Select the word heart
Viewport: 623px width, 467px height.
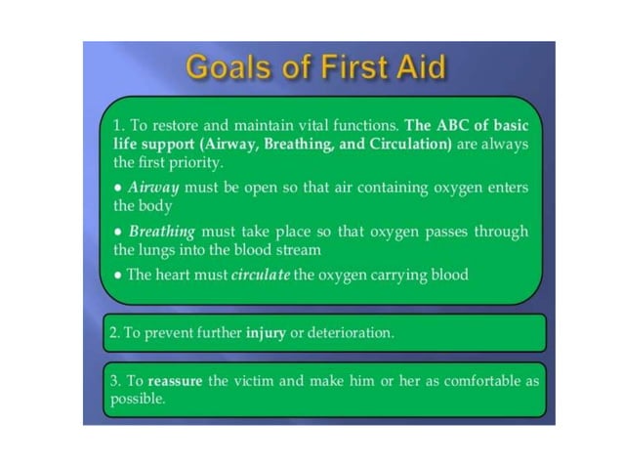tap(177, 275)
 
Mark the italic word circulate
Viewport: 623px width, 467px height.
tap(261, 275)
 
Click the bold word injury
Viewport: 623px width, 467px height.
tap(266, 332)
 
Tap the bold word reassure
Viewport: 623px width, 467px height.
tap(175, 380)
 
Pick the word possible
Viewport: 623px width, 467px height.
tap(138, 399)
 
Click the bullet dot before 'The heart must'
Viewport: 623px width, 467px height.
tap(117, 276)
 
